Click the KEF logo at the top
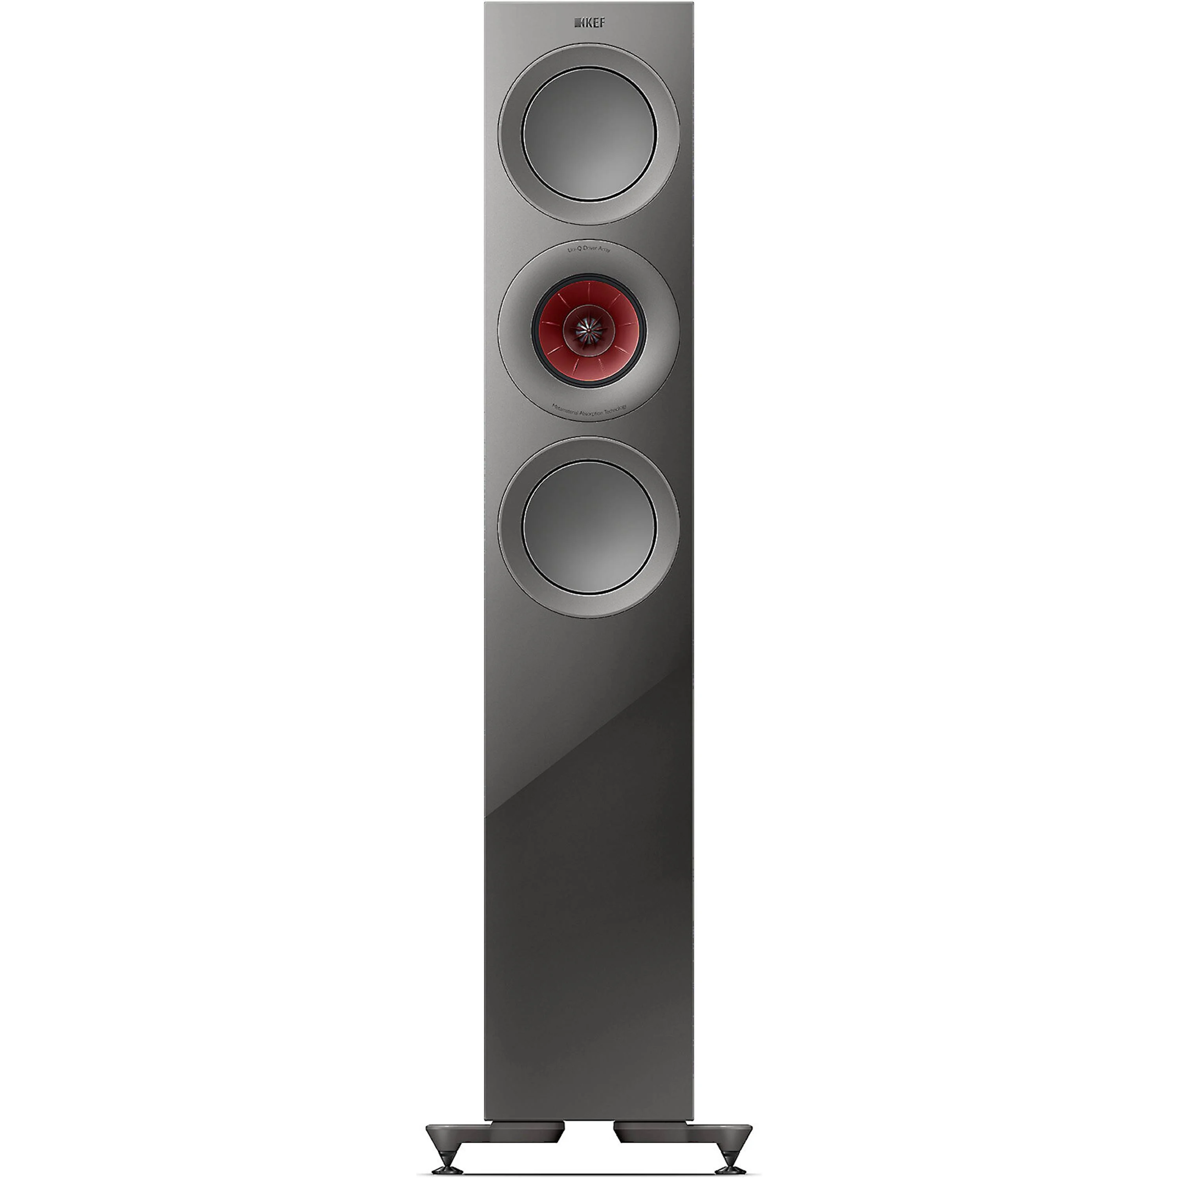tap(588, 23)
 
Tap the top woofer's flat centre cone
tap(589, 134)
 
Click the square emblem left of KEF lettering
tap(577, 23)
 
